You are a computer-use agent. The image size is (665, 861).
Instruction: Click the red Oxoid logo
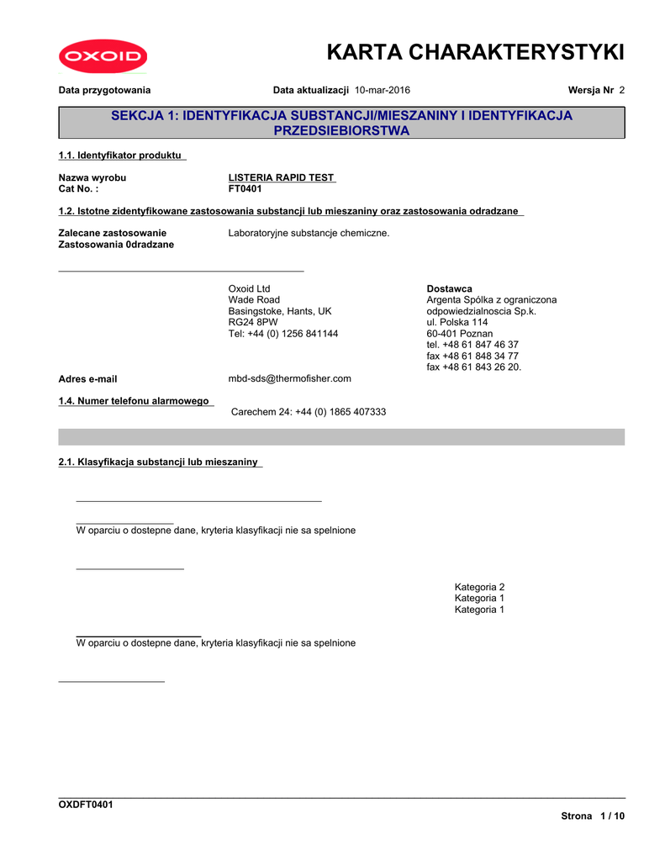103,57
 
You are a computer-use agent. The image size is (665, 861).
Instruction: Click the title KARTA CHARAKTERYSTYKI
475,53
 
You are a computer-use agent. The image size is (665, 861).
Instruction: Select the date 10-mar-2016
383,90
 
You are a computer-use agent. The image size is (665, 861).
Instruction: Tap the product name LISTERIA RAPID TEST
282,177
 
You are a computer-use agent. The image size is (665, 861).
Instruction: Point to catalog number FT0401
245,189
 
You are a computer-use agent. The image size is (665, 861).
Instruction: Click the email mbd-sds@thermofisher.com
290,378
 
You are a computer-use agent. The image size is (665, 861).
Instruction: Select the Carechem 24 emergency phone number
309,412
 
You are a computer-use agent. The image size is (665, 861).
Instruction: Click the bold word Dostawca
450,288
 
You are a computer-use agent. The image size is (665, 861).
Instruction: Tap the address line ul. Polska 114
457,322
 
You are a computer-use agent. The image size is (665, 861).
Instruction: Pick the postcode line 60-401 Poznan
460,334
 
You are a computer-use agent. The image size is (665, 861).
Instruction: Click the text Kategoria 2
479,587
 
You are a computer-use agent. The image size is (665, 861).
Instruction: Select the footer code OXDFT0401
86,805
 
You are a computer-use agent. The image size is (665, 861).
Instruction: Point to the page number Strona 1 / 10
593,816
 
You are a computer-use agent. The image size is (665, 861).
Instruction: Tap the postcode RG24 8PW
253,322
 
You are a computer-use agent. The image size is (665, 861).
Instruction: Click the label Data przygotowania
104,90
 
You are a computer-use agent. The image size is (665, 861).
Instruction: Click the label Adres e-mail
87,379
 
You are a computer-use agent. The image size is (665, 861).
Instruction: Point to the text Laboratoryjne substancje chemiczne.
309,233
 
